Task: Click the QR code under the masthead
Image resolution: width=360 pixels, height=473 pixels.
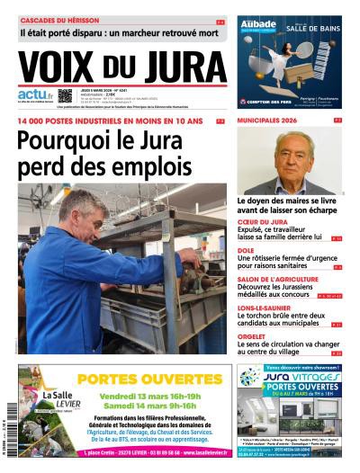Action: [x=65, y=95]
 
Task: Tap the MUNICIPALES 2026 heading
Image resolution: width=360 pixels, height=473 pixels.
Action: [x=267, y=120]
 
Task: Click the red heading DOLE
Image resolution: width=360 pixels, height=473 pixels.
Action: [x=245, y=253]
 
